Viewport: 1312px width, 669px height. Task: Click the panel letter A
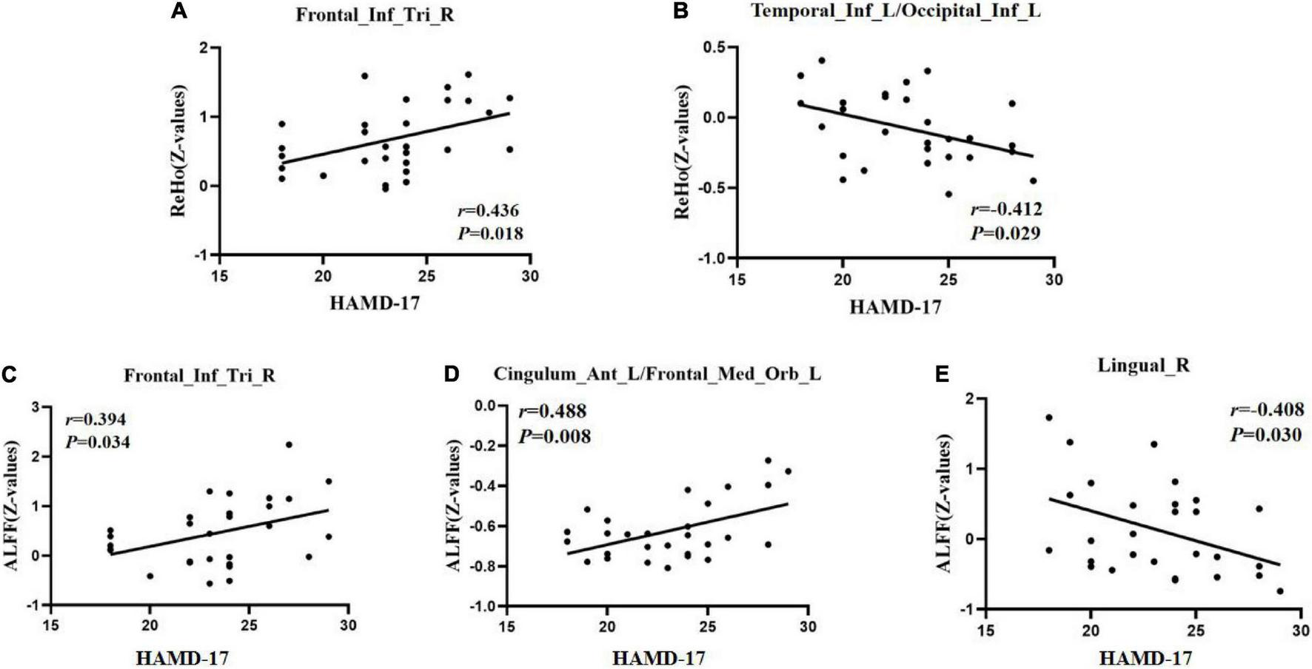tap(178, 10)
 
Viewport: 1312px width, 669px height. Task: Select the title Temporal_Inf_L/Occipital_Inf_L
tap(895, 10)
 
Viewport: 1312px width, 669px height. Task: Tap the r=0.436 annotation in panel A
tap(488, 211)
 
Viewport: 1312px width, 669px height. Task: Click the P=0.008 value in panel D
tap(555, 437)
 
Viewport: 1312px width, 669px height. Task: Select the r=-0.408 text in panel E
tap(1267, 410)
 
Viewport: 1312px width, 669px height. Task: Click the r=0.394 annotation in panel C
tap(96, 420)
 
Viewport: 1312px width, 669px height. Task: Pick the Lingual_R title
tap(1145, 365)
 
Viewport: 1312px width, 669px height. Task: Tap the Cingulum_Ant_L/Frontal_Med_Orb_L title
tap(657, 374)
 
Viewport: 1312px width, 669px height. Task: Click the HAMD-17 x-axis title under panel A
tap(373, 302)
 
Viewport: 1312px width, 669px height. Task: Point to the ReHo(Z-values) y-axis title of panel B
tap(682, 152)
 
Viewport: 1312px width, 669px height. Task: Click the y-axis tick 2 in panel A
tap(204, 48)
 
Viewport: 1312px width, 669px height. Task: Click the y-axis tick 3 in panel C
tap(35, 407)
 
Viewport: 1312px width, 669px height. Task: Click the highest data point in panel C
tap(289, 445)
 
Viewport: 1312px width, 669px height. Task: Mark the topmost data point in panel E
tap(1049, 417)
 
